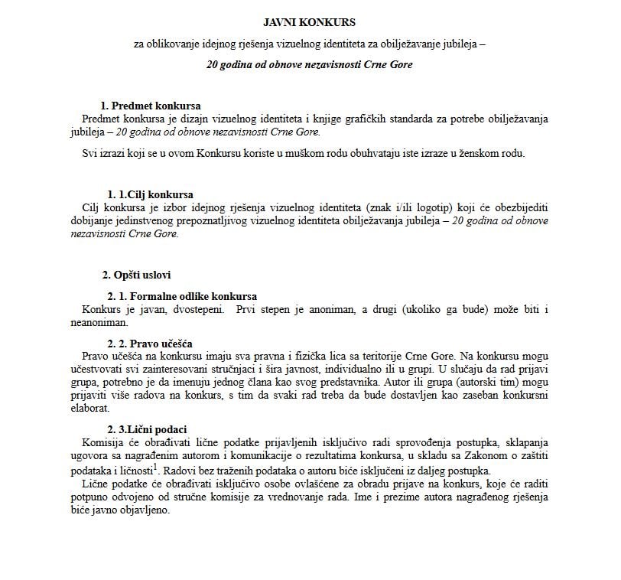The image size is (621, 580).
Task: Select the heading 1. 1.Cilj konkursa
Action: point(150,194)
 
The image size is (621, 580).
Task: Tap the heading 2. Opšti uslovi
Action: point(137,273)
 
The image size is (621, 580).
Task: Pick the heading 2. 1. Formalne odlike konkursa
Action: point(182,296)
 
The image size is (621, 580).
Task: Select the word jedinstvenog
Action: point(151,221)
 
